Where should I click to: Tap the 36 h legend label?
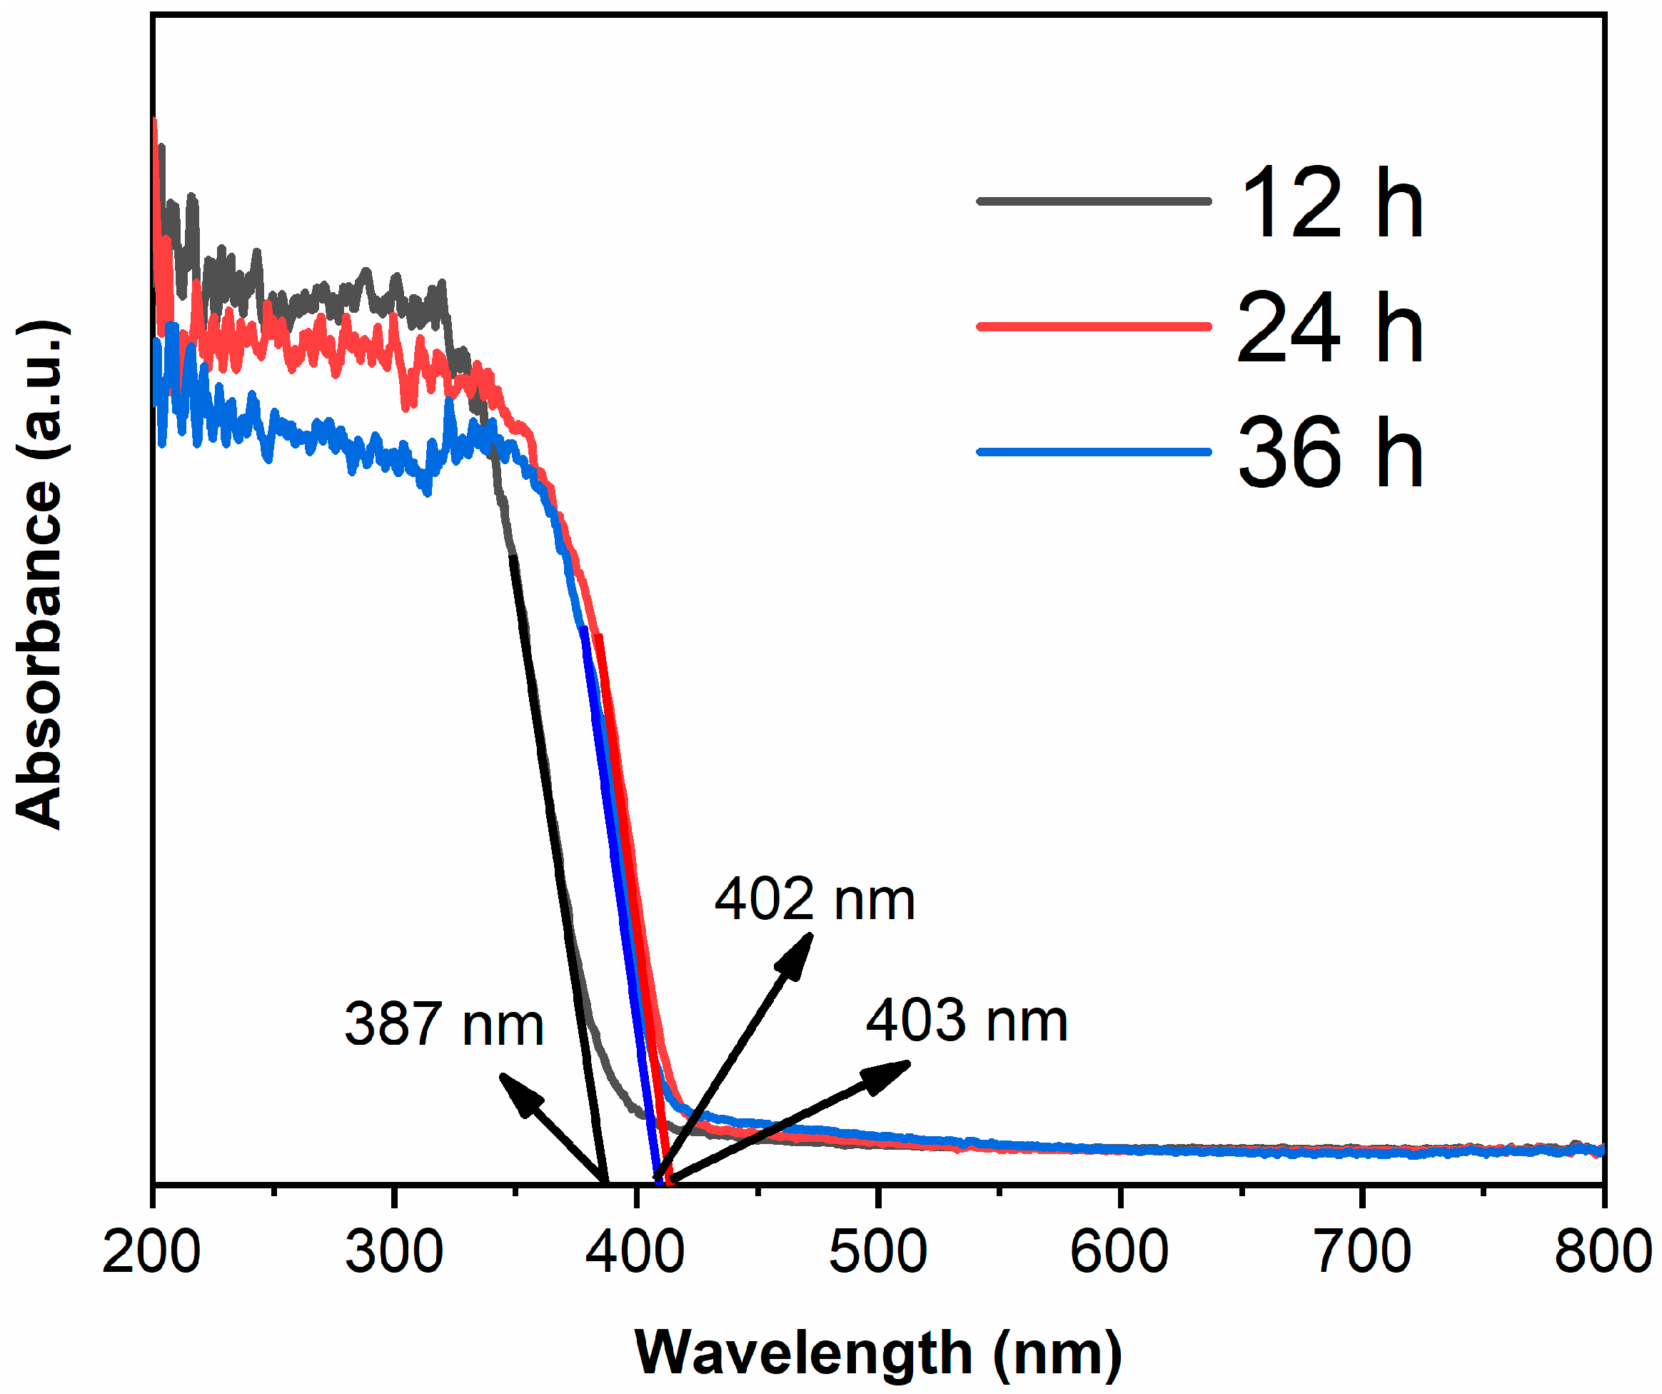(x=1331, y=453)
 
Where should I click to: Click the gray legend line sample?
(x=1094, y=201)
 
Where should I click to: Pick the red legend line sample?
(x=1094, y=326)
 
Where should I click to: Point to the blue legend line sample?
(x=1094, y=452)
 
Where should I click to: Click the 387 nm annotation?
(x=445, y=1024)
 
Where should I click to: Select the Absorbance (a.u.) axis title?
(x=41, y=576)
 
